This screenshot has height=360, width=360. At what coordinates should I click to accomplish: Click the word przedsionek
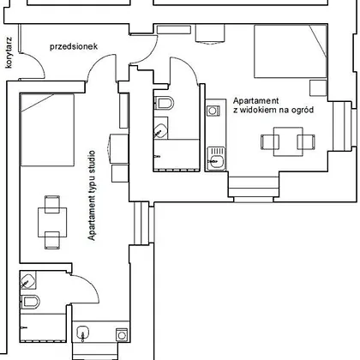click(x=74, y=46)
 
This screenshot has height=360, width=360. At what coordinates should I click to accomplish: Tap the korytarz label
click(x=9, y=52)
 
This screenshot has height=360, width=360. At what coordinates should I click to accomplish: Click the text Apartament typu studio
click(x=92, y=195)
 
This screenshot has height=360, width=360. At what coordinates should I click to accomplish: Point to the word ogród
click(x=303, y=110)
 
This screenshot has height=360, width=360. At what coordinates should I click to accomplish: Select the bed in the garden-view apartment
click(x=291, y=51)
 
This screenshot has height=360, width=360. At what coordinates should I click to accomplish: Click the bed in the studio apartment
click(x=47, y=129)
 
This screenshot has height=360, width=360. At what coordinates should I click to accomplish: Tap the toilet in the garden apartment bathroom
click(x=164, y=103)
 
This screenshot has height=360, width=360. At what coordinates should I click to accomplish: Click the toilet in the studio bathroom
click(x=30, y=302)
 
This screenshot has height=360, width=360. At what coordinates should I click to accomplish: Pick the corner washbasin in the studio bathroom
click(x=28, y=279)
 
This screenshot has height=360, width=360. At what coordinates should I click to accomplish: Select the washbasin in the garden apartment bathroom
click(x=160, y=131)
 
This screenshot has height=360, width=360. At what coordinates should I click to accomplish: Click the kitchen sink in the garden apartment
click(x=216, y=159)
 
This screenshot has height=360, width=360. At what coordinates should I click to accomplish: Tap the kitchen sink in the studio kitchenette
click(x=82, y=333)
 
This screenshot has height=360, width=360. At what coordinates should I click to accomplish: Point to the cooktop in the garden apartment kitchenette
click(x=213, y=111)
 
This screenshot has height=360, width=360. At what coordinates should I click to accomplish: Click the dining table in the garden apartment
click(x=288, y=141)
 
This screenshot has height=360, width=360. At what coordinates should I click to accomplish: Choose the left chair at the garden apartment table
click(x=270, y=141)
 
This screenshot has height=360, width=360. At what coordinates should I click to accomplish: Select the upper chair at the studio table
click(x=52, y=204)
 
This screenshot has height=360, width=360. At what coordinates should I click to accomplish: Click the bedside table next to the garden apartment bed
click(x=318, y=88)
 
